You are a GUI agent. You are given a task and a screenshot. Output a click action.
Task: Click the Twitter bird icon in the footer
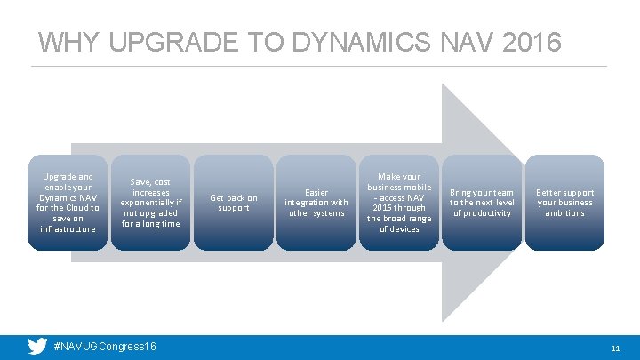[36, 347]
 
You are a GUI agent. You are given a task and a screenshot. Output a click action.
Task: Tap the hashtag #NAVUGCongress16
[105, 347]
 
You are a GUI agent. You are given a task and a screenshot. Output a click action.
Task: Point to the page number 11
[614, 348]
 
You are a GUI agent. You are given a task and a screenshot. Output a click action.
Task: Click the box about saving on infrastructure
[68, 203]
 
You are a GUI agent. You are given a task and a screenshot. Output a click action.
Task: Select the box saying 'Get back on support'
[233, 203]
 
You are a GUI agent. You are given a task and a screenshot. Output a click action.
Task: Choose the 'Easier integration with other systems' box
[316, 203]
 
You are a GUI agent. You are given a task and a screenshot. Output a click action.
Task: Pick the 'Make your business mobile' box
[399, 203]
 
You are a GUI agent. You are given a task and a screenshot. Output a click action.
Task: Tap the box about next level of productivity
[482, 203]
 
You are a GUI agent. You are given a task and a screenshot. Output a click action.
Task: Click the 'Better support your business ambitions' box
[564, 203]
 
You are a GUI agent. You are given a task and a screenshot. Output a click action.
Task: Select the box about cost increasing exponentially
[150, 203]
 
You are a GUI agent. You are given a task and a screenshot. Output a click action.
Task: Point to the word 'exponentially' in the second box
[150, 203]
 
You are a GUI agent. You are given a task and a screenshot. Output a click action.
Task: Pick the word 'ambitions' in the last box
[564, 213]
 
